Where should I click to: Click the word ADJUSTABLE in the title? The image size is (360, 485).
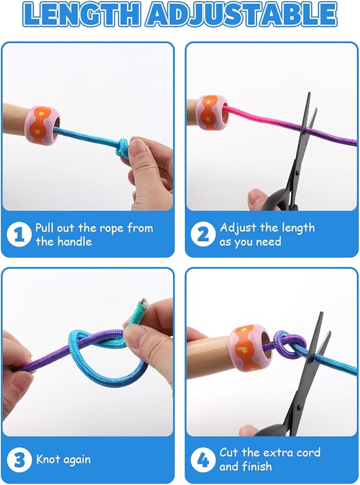(241, 14)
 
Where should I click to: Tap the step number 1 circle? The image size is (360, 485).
(19, 234)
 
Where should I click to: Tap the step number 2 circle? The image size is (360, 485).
(203, 234)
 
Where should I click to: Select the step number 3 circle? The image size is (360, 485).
(19, 460)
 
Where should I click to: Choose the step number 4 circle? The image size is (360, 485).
(203, 460)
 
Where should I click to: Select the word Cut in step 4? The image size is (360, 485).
(229, 452)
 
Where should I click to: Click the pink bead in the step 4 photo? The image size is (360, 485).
(250, 349)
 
